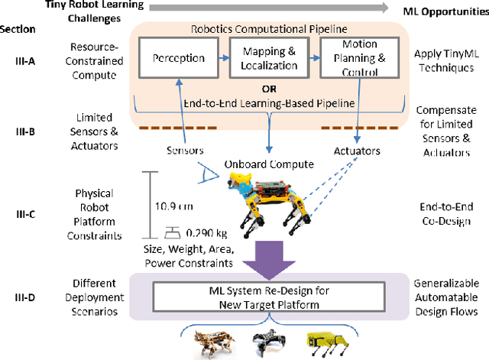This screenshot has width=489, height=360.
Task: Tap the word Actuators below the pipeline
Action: pos(357,151)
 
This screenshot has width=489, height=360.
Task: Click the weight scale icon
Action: pos(174,231)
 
